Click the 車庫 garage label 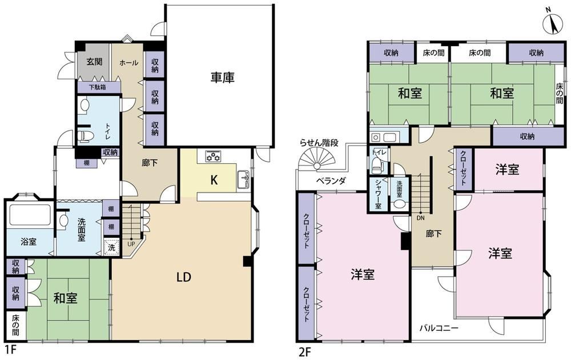click(x=222, y=77)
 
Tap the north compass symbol click(x=553, y=25)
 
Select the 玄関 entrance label click(x=94, y=62)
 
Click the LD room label click(x=184, y=277)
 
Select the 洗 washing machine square click(x=111, y=247)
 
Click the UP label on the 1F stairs click(x=131, y=244)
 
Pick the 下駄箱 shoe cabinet click(x=98, y=87)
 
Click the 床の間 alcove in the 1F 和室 click(x=15, y=326)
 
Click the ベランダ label click(x=331, y=180)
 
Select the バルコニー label click(x=439, y=328)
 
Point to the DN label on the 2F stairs click(x=421, y=218)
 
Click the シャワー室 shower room click(x=378, y=194)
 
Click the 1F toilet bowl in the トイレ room click(x=86, y=136)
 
